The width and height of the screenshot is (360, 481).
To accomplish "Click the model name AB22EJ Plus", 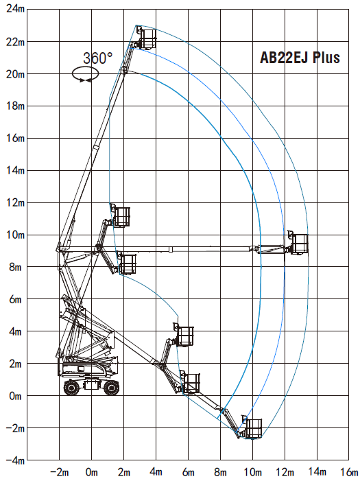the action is click(x=300, y=58).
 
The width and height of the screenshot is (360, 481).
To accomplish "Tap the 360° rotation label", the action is click(x=98, y=58).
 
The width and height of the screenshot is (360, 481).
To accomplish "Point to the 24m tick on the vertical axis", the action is click(x=15, y=9).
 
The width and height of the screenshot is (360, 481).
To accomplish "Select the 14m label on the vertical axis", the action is click(x=15, y=170).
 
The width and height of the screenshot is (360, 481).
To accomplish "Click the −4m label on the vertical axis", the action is click(x=15, y=460).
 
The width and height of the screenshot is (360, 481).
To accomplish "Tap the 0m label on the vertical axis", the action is click(x=15, y=396).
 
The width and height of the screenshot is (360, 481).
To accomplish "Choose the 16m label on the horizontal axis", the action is click(x=349, y=471).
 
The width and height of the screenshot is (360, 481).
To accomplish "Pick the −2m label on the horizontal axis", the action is click(x=59, y=472).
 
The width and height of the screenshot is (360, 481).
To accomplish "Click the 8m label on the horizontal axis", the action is click(x=220, y=472).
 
